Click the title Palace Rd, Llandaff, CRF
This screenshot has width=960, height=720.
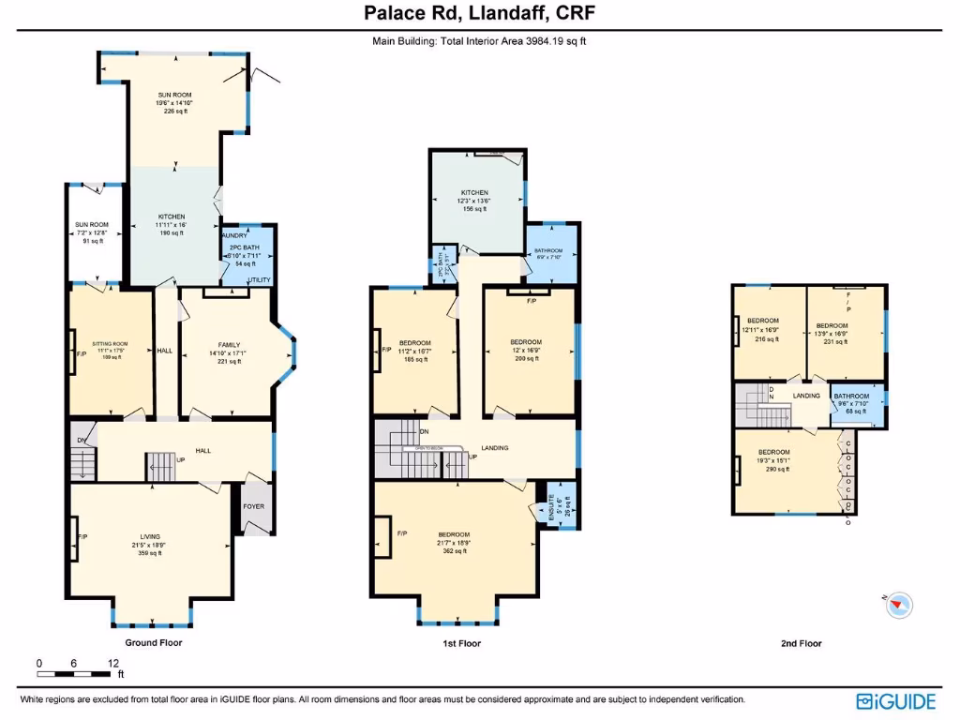[479, 13]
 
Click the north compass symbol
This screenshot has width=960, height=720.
[900, 605]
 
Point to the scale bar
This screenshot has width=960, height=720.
[76, 672]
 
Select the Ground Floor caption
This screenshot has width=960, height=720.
[154, 643]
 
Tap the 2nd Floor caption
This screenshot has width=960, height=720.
[801, 644]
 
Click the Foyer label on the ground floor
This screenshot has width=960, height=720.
[253, 506]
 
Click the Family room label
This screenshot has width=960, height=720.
[229, 352]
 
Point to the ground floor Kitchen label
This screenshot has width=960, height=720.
[172, 225]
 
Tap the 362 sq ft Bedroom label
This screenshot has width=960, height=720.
[454, 543]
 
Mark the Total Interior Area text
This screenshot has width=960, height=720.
[479, 40]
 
